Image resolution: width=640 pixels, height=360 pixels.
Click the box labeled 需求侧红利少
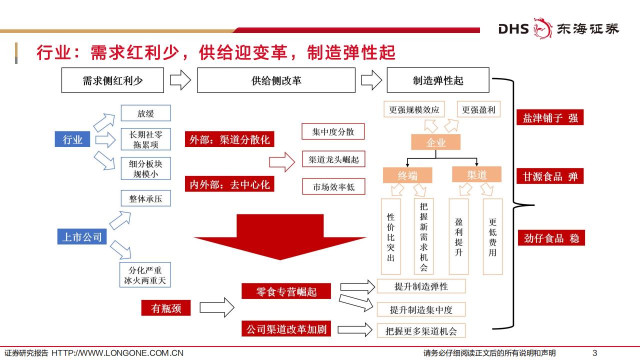112,80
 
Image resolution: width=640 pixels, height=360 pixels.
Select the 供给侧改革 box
276,80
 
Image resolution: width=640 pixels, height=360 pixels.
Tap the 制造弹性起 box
438,80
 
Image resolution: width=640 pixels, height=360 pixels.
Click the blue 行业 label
72,139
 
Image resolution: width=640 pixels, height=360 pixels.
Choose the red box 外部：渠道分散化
229,139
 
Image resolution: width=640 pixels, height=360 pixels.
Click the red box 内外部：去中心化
229,184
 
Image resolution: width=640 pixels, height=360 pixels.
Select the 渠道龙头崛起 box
333,159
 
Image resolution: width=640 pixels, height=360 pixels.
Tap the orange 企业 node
435,142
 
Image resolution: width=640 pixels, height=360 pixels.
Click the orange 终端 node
407,175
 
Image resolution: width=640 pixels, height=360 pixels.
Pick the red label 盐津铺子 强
550,118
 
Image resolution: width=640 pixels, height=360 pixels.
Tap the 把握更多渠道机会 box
421,330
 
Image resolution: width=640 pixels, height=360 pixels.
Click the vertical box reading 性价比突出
391,236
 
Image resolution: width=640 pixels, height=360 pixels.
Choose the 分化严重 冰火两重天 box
145,275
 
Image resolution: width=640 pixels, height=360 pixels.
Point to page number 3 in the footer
594,352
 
